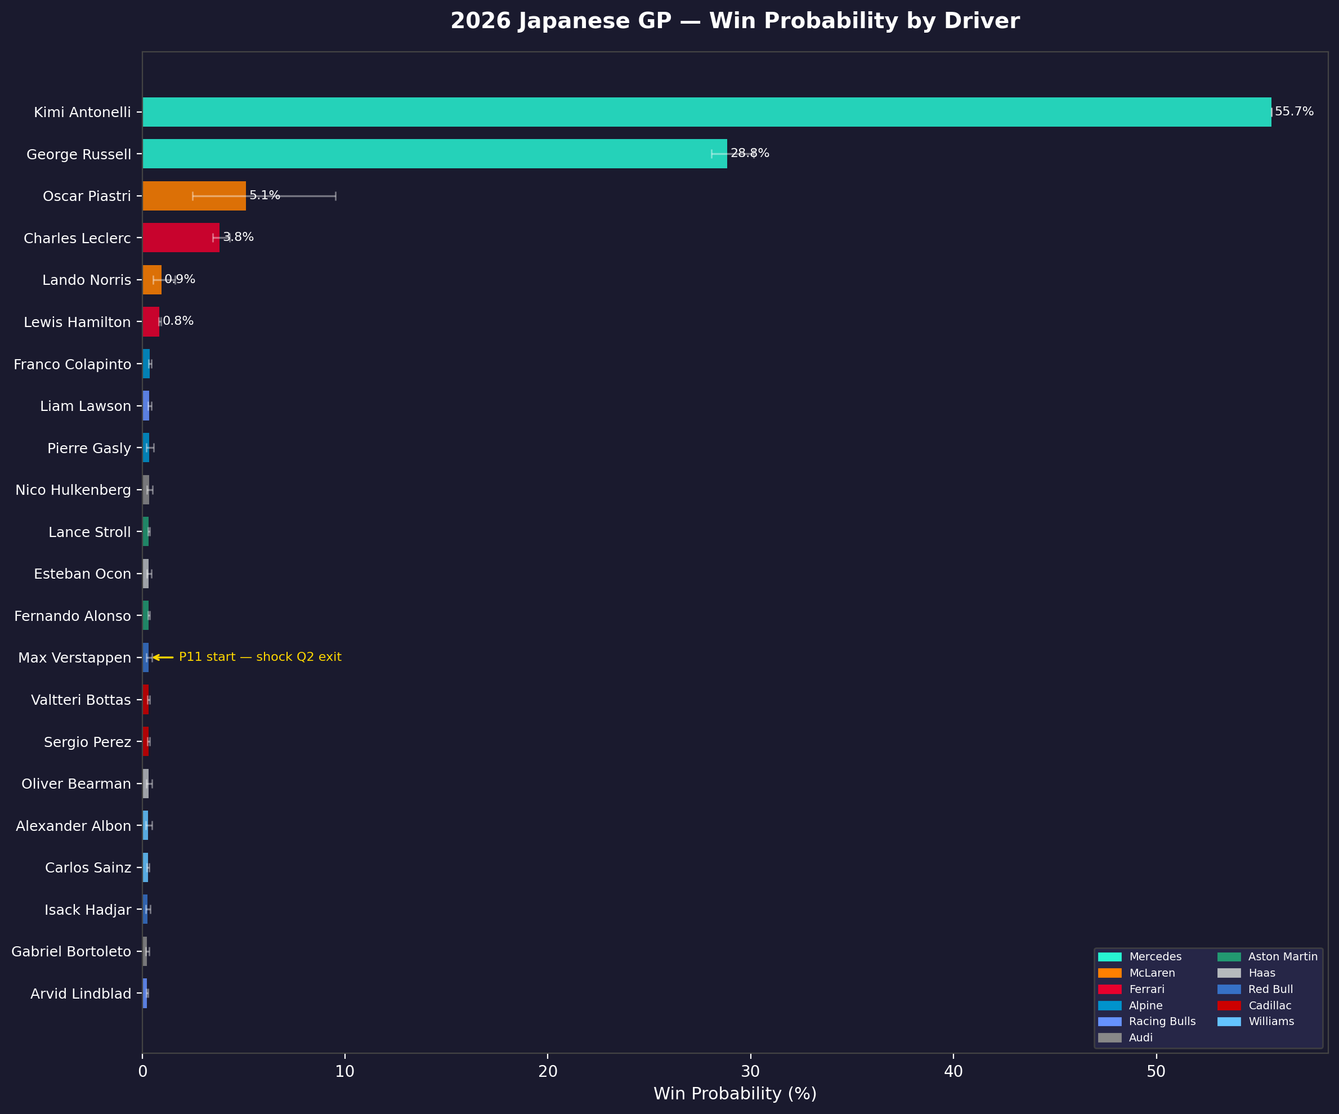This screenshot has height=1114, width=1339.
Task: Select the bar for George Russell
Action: coord(434,154)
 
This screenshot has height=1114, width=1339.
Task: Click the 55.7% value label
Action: coord(1294,111)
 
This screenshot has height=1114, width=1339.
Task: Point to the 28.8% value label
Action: coord(750,153)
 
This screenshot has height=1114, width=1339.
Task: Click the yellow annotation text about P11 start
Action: coord(260,657)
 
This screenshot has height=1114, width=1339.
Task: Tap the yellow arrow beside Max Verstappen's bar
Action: coord(163,657)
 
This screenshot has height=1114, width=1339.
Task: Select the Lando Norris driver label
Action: coord(87,280)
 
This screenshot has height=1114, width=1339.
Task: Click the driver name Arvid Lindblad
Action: coord(81,994)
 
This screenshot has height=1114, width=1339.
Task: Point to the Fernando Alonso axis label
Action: coord(73,616)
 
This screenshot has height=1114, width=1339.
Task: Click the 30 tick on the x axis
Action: coord(750,1071)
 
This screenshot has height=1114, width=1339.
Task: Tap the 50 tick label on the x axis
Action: coord(1156,1071)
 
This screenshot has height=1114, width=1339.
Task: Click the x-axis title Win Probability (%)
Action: coord(735,1094)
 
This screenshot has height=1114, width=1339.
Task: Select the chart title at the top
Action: coord(735,21)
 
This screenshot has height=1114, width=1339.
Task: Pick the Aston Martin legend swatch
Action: coord(1229,956)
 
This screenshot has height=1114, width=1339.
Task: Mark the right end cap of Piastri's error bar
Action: coord(335,196)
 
